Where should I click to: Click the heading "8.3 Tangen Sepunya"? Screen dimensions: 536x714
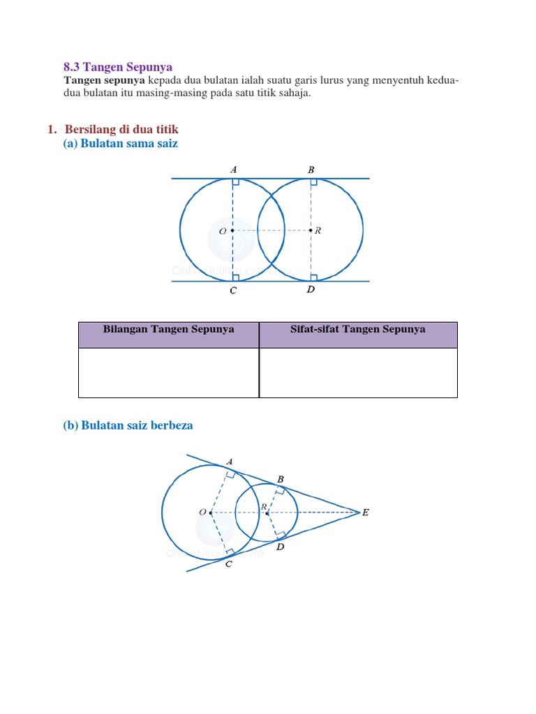(x=117, y=67)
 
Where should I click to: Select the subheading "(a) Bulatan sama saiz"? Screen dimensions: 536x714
(x=120, y=144)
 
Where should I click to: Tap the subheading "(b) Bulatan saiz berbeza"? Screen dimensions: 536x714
(x=128, y=425)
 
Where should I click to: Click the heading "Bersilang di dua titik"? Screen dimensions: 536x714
(x=121, y=130)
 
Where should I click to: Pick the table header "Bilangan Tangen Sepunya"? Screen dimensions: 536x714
(x=168, y=330)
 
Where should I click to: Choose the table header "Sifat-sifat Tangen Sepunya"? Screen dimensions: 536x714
(x=357, y=330)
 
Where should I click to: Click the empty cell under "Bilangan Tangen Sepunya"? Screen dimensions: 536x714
(x=168, y=372)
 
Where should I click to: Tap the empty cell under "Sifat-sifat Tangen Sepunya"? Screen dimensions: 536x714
(x=357, y=372)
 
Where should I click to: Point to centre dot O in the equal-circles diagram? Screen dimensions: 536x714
(x=232, y=231)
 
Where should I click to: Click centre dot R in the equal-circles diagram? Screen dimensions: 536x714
(x=311, y=231)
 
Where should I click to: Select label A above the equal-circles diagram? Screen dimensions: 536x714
(x=233, y=169)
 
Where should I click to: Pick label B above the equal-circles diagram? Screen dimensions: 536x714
(x=311, y=169)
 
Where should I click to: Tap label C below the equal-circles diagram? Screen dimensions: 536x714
(x=233, y=291)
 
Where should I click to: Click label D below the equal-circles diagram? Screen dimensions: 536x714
(x=311, y=290)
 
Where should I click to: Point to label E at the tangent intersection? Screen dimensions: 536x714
(x=365, y=512)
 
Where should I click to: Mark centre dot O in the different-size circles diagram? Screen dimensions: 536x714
(x=211, y=512)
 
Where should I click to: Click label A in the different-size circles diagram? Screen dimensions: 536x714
(x=230, y=462)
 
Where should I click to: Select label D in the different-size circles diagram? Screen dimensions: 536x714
(x=281, y=547)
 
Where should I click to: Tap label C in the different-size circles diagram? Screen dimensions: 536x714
(x=228, y=564)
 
